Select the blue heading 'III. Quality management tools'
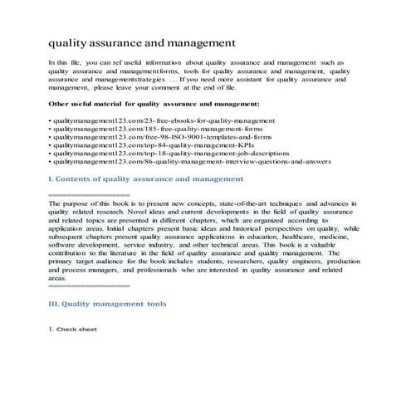[x=107, y=304]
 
